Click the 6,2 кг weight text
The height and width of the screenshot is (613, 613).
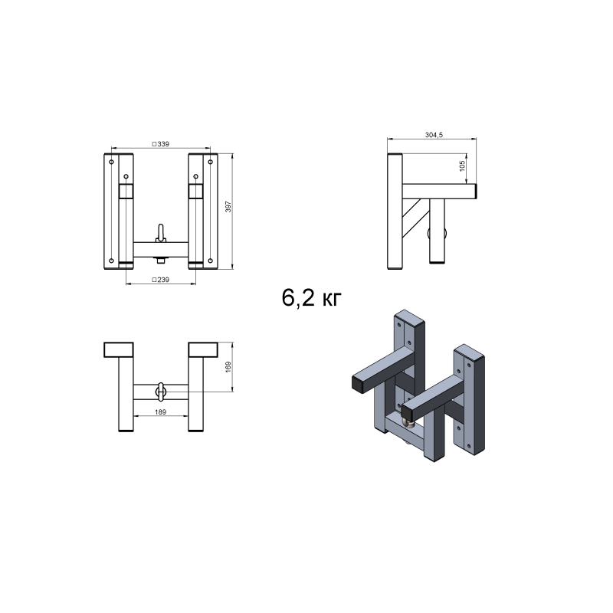click(x=311, y=298)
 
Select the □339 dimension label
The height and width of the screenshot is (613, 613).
click(x=161, y=144)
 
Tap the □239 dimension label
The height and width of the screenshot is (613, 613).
click(x=161, y=280)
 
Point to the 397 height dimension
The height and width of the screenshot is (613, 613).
click(x=228, y=207)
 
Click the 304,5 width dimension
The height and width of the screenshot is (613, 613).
click(x=434, y=135)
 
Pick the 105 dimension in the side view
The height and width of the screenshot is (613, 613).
click(x=462, y=166)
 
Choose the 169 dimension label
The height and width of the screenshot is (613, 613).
click(x=228, y=367)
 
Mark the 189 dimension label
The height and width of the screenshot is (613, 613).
click(x=160, y=411)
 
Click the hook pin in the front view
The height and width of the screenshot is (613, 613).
click(x=161, y=233)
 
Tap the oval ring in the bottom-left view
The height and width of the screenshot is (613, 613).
click(x=161, y=392)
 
